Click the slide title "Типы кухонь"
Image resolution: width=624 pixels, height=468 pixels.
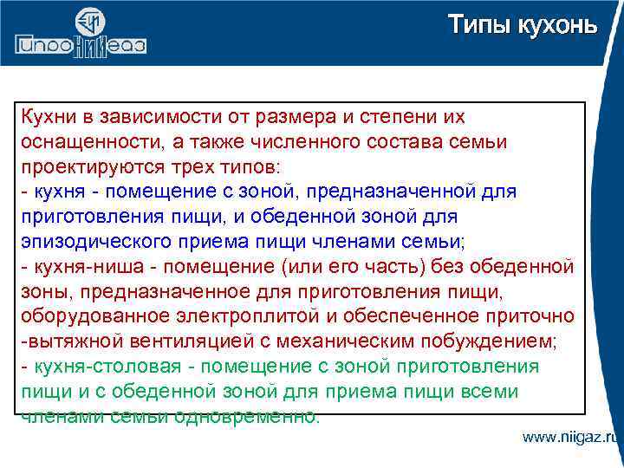pos(522,25)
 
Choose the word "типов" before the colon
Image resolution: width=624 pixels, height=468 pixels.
pos(261,166)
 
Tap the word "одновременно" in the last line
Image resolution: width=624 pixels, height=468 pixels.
pos(247,416)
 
